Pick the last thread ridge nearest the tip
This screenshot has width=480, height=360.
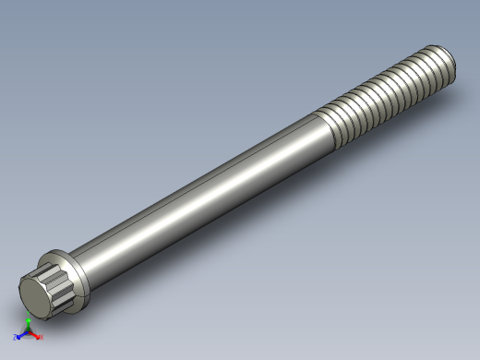pyautogui.click(x=444, y=65)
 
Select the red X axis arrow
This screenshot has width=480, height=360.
pyautogui.click(x=35, y=337)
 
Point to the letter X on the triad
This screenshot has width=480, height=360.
pyautogui.click(x=41, y=339)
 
